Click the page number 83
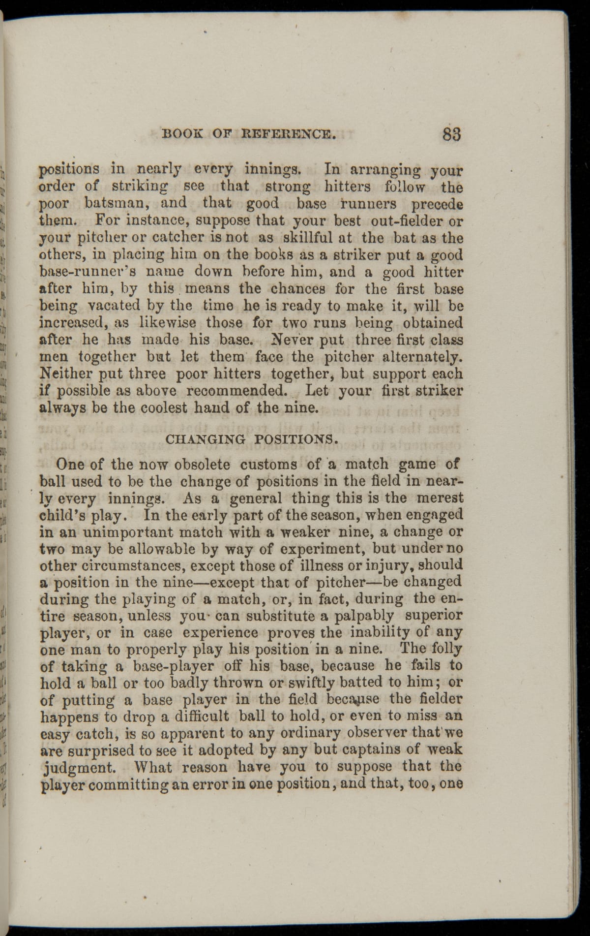(x=451, y=134)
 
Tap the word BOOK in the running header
(x=179, y=133)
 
